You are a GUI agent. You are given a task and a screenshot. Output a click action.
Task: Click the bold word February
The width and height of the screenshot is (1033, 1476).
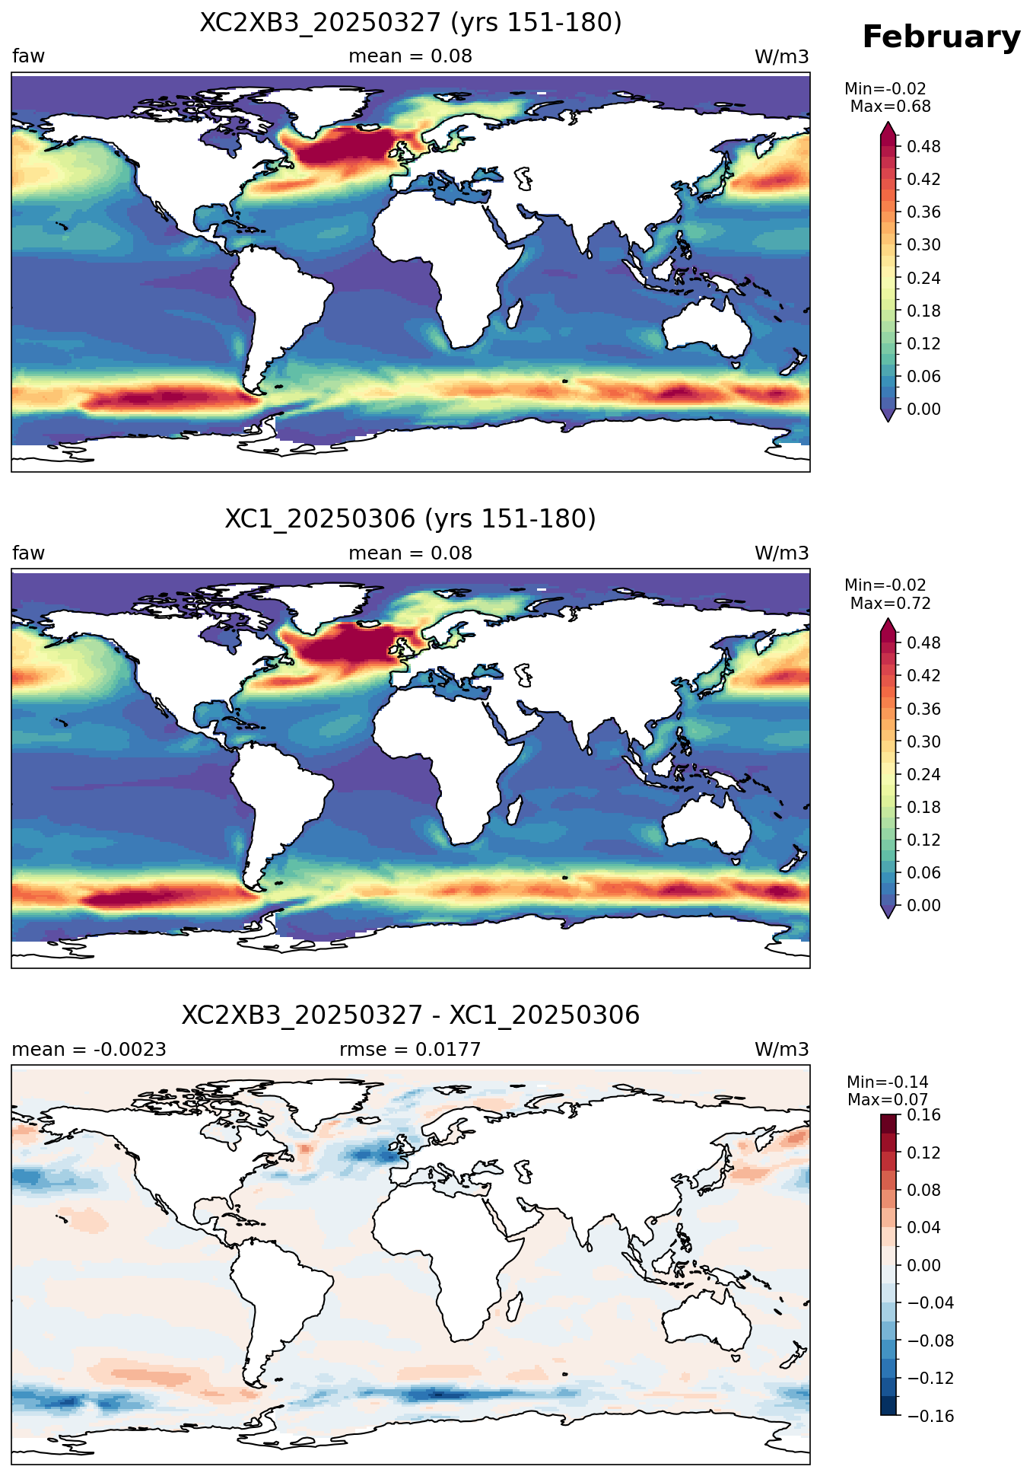(x=941, y=37)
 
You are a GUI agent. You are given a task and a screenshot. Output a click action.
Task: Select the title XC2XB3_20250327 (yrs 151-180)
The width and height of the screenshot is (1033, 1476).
(x=411, y=23)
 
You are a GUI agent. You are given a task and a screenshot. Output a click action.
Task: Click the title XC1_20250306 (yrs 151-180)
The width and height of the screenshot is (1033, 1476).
(x=411, y=519)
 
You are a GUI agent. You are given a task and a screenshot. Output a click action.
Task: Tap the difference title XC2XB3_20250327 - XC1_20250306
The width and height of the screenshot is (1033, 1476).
(x=411, y=1015)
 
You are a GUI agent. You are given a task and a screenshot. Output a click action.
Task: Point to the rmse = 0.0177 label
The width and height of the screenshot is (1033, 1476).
(x=410, y=1050)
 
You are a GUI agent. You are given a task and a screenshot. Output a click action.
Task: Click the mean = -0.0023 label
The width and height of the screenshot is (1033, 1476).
(x=89, y=1050)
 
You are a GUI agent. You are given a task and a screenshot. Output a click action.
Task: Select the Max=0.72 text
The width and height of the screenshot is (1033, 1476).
(x=890, y=604)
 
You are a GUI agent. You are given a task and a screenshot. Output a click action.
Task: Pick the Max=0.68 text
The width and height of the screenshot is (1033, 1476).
(x=890, y=107)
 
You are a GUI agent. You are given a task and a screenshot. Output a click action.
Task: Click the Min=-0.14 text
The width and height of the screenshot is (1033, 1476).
(x=888, y=1082)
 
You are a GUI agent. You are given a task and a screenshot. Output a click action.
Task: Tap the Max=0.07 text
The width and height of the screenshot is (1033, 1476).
(x=888, y=1100)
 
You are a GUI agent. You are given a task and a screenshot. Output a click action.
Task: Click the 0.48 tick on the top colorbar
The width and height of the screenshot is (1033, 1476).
(x=923, y=146)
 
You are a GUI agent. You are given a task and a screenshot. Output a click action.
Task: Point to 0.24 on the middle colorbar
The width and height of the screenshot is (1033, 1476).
(x=923, y=774)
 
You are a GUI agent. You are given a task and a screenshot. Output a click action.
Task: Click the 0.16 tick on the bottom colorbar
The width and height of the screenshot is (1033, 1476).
(x=923, y=1115)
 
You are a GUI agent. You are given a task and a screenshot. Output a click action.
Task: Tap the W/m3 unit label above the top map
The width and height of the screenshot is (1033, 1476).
(x=781, y=57)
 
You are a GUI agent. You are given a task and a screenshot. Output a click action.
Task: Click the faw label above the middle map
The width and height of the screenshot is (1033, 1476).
(x=28, y=553)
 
